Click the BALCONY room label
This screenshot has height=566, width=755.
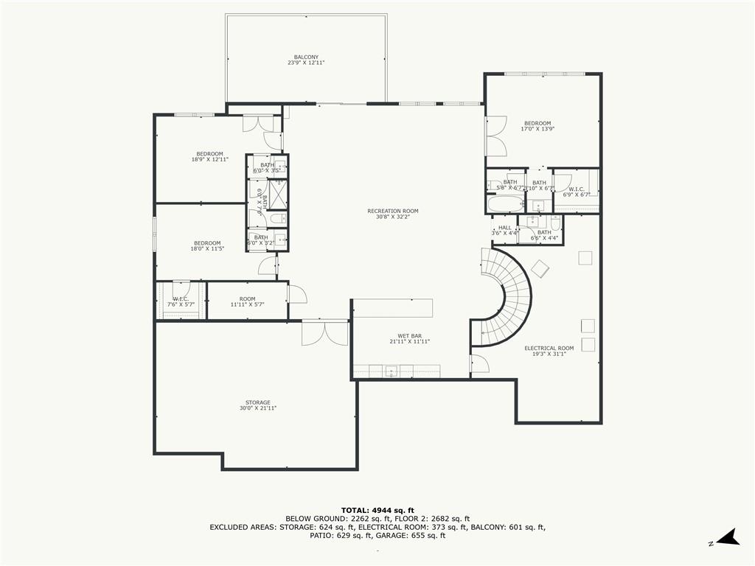coord(306,60)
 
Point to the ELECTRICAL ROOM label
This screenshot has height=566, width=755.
coord(549,351)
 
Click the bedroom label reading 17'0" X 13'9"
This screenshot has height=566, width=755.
coord(537,126)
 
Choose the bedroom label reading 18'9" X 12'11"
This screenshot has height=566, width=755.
coord(209,156)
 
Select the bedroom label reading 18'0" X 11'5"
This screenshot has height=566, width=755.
coord(207,245)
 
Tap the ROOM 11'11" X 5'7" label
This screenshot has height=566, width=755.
coord(247,301)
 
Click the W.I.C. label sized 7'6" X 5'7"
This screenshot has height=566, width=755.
coord(181,301)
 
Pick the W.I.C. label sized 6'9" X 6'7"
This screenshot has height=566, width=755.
coord(577,192)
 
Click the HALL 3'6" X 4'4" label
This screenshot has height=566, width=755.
coord(504,231)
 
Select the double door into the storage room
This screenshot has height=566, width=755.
coord(324,333)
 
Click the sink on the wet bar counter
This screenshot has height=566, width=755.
coord(390,371)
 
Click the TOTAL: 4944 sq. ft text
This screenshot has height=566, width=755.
coord(377,510)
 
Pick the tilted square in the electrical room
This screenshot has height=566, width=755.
coord(540,269)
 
